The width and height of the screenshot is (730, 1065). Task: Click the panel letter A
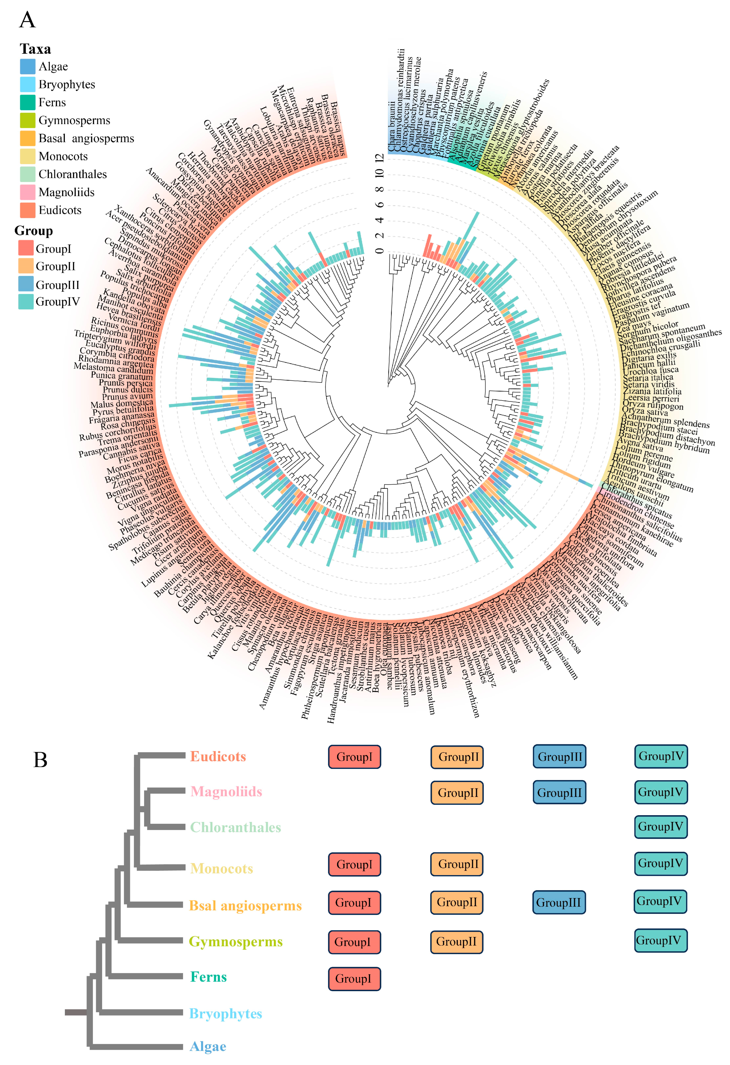28,20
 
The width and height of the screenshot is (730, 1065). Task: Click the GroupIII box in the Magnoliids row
559,792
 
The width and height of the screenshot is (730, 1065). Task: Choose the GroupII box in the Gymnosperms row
456,942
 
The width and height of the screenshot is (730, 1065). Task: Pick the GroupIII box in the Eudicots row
559,757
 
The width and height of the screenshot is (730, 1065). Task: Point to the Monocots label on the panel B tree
221,868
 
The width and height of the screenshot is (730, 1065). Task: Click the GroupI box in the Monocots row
354,865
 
